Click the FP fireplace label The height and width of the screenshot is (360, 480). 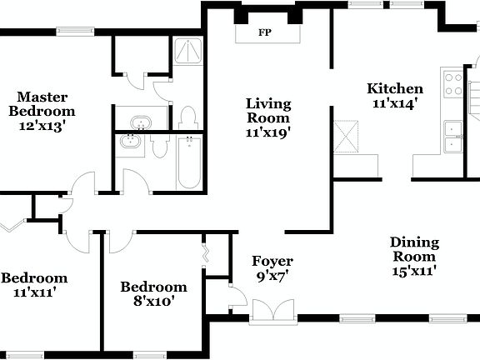click(x=266, y=33)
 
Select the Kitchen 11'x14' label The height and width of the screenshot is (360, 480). click(x=395, y=96)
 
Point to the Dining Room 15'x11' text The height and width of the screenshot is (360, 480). click(x=414, y=256)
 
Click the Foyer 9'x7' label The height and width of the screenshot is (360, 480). click(x=272, y=268)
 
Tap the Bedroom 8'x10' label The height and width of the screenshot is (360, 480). click(x=153, y=294)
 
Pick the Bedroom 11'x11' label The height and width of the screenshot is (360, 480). click(x=33, y=285)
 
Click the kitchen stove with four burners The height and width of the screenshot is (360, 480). click(x=453, y=84)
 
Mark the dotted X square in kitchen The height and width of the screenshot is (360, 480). click(x=346, y=137)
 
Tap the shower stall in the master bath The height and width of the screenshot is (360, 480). click(x=188, y=53)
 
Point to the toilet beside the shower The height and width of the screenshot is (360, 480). click(x=187, y=116)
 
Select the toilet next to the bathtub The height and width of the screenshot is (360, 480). click(x=160, y=148)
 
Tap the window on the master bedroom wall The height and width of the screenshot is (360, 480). click(x=74, y=32)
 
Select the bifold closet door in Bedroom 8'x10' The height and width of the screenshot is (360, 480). click(x=205, y=252)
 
